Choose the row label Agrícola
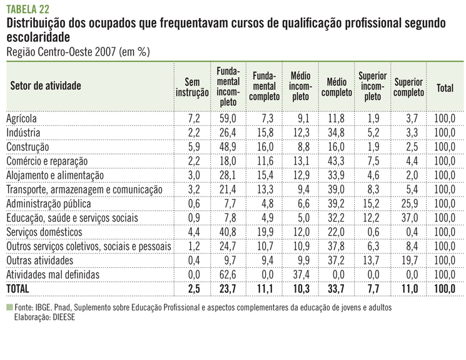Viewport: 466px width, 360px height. point(22,118)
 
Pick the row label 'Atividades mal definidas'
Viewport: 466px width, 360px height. point(53,274)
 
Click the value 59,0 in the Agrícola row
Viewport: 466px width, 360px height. point(228,118)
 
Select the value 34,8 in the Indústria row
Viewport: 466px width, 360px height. point(337,133)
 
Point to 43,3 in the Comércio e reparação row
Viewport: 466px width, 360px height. point(337,161)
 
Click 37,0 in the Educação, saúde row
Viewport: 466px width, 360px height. point(409,217)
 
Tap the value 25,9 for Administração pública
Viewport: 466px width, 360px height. point(409,203)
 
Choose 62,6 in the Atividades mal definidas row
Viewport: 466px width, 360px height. point(228,274)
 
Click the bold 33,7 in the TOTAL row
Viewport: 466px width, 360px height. point(337,289)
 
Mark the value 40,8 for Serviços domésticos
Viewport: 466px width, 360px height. point(228,232)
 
